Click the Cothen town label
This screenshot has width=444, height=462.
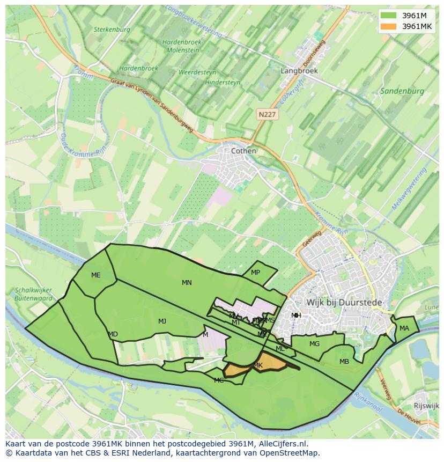point(243,151)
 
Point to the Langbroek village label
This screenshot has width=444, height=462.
point(299,70)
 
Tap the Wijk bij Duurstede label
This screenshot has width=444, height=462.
point(344,303)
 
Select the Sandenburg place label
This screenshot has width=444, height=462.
point(402,91)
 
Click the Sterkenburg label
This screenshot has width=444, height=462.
point(112,30)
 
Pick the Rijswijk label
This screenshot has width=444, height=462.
point(427,406)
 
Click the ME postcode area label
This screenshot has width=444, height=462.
point(95,275)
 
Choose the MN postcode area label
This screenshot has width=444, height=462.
point(187,283)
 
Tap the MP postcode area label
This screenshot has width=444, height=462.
point(255,273)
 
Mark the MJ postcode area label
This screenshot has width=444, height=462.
point(162,321)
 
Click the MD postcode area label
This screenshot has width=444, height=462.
point(113,334)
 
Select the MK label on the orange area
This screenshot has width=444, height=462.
point(258,365)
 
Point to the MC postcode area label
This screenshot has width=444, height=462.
point(219,380)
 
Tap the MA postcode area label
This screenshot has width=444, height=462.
point(404,328)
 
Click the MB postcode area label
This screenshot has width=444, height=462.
point(344,362)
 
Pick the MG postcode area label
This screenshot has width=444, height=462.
point(314,344)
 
